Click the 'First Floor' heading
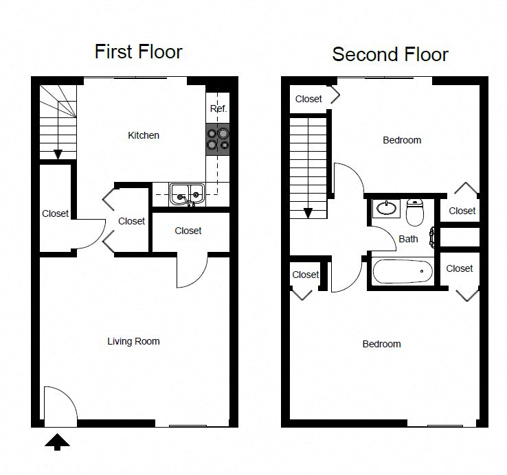(x=138, y=51)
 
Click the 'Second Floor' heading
(x=390, y=54)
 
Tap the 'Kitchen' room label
(x=144, y=135)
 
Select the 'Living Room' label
(x=133, y=341)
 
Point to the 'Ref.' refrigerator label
(x=218, y=109)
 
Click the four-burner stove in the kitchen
(x=218, y=139)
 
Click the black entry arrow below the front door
(x=57, y=441)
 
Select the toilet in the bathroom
(x=414, y=212)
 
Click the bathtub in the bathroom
(x=403, y=272)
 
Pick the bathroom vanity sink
(x=386, y=207)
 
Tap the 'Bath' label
(x=408, y=239)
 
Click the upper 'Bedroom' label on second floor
(x=402, y=140)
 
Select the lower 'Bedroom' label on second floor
(x=381, y=344)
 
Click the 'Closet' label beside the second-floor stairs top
(x=308, y=99)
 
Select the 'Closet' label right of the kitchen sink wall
(x=188, y=231)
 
